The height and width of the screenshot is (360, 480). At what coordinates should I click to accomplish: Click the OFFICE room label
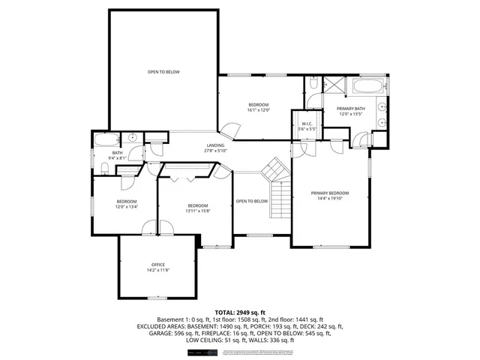click(x=157, y=265)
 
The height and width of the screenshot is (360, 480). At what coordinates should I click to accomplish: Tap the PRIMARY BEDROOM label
click(x=330, y=193)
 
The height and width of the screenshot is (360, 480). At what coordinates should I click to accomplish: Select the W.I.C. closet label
click(x=307, y=124)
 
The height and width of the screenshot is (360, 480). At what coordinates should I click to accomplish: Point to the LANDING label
click(x=216, y=145)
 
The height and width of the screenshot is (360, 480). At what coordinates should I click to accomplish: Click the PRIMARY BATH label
click(x=351, y=109)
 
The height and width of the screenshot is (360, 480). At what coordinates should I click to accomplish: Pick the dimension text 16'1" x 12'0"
click(x=258, y=110)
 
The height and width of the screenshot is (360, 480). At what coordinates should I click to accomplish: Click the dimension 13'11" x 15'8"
click(x=197, y=211)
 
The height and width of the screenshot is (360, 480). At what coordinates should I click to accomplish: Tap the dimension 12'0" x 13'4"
click(x=126, y=208)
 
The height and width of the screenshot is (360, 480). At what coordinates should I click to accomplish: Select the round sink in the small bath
click(x=131, y=137)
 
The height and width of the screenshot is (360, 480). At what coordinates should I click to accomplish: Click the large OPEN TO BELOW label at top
click(x=163, y=71)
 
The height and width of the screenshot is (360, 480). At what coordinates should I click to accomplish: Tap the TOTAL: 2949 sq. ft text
click(x=240, y=312)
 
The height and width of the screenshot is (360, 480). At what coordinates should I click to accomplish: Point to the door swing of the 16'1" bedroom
click(x=229, y=131)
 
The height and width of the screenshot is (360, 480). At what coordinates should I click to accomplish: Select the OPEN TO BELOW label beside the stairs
click(x=251, y=201)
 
